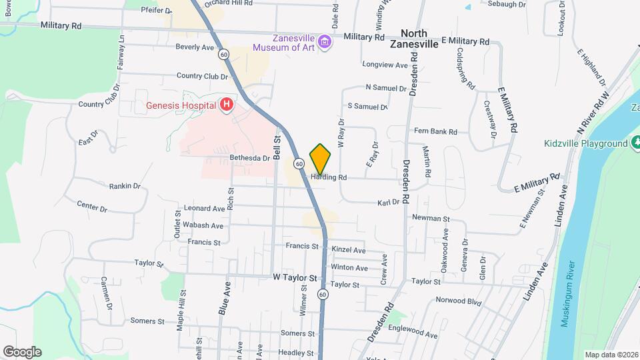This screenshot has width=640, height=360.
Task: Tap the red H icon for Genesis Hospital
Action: pyautogui.click(x=227, y=105)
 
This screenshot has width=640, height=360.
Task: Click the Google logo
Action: pyautogui.click(x=22, y=352)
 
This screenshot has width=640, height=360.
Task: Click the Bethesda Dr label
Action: pyautogui.click(x=249, y=158)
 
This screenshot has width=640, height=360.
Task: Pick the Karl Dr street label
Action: pyautogui.click(x=387, y=202)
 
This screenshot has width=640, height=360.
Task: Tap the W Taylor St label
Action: pyautogui.click(x=294, y=277)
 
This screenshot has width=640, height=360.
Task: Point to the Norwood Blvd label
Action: pyautogui.click(x=458, y=301)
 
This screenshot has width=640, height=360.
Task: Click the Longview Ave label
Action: pyautogui.click(x=385, y=65)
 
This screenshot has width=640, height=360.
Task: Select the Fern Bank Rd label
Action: pyautogui.click(x=435, y=131)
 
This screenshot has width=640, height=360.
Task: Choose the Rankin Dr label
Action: pyautogui.click(x=125, y=186)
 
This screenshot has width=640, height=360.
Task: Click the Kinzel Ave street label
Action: pyautogui.click(x=349, y=250)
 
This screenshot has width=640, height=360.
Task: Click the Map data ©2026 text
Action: pyautogui.click(x=611, y=354)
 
